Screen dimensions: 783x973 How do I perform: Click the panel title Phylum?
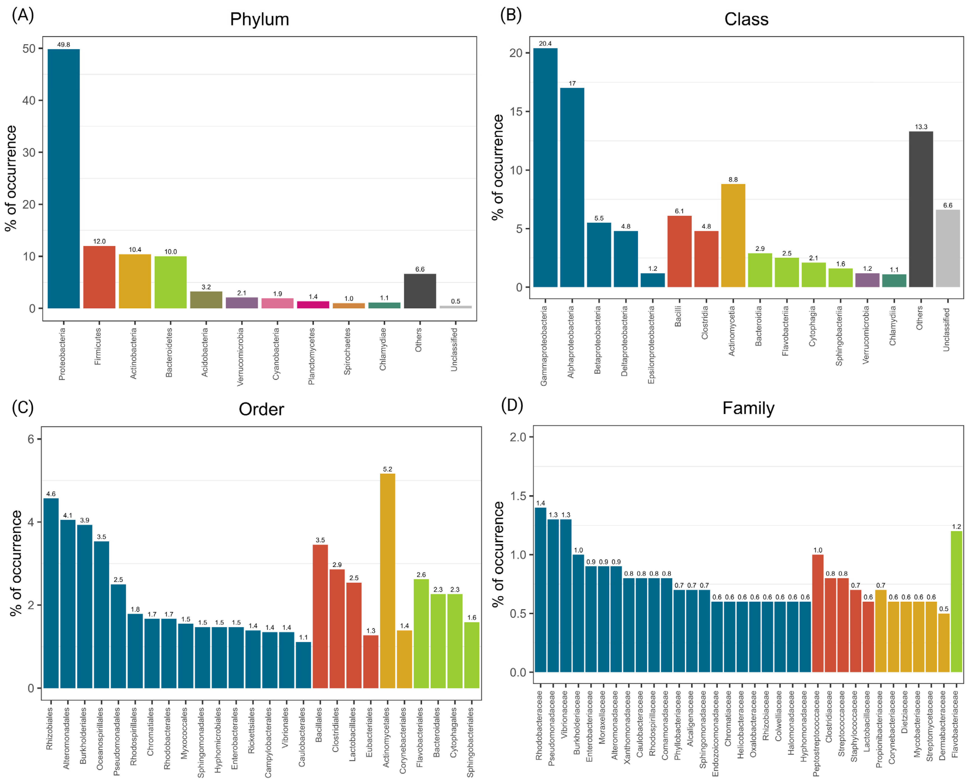point(259,19)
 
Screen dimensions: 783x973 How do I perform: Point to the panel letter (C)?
point(23,407)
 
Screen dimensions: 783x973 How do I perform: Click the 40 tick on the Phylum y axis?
point(29,100)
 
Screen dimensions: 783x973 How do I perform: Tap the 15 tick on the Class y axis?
point(516,112)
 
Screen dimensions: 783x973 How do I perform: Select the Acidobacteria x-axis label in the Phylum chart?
point(205,352)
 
